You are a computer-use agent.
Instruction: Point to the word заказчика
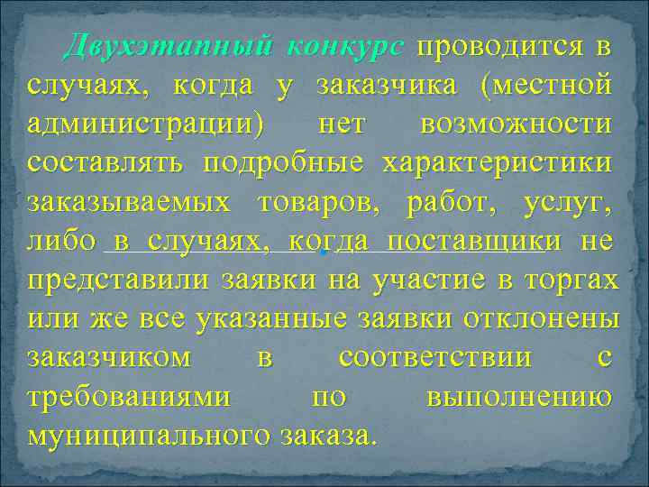click(390, 86)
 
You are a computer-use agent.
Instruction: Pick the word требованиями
click(127, 396)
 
